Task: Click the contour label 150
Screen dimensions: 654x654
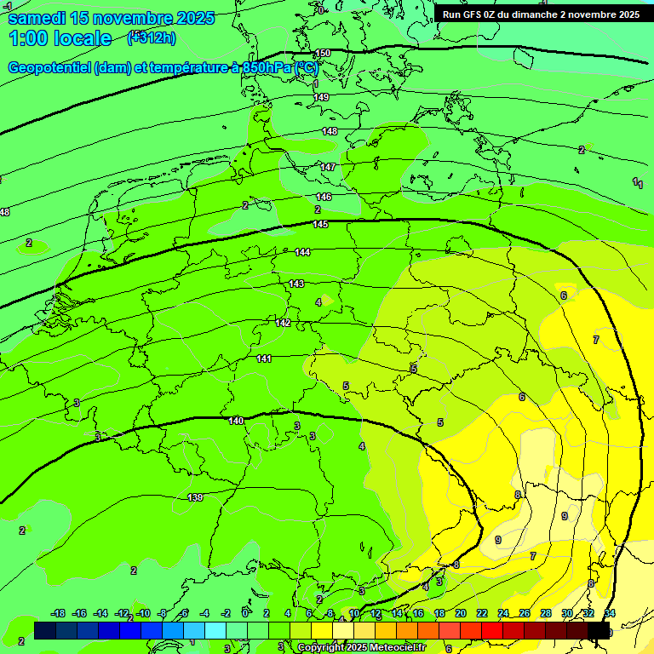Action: pyautogui.click(x=323, y=54)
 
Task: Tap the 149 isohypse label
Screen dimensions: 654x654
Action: pyautogui.click(x=321, y=98)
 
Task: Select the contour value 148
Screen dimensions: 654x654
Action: pyautogui.click(x=330, y=131)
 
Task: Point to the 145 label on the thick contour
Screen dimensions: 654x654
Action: pyautogui.click(x=320, y=224)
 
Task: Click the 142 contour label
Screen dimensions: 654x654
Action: pyautogui.click(x=284, y=323)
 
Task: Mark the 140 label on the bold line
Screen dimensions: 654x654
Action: pyautogui.click(x=236, y=421)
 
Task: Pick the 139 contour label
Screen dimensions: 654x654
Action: pyautogui.click(x=195, y=497)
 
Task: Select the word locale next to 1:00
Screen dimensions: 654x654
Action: pyautogui.click(x=83, y=38)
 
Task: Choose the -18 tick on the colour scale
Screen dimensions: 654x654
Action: pyautogui.click(x=59, y=613)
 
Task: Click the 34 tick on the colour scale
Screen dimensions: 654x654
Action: pyautogui.click(x=610, y=613)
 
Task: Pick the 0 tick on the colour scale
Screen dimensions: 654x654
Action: pyautogui.click(x=245, y=613)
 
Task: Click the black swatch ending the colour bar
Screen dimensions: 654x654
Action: pyautogui.click(x=599, y=630)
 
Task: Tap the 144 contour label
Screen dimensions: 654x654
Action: pyautogui.click(x=302, y=253)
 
